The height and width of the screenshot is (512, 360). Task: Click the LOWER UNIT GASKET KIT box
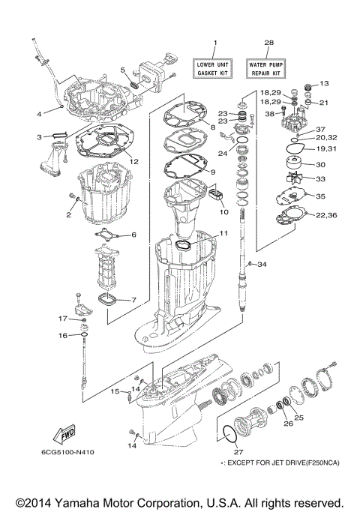tap(214, 70)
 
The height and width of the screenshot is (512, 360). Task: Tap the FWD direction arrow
tap(65, 436)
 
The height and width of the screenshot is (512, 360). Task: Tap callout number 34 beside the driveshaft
tap(262, 265)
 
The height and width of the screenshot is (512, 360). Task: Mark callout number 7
tap(133, 301)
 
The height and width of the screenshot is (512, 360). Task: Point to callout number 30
tap(320, 165)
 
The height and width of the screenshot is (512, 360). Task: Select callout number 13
tap(325, 83)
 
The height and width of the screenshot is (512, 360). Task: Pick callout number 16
tap(64, 335)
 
